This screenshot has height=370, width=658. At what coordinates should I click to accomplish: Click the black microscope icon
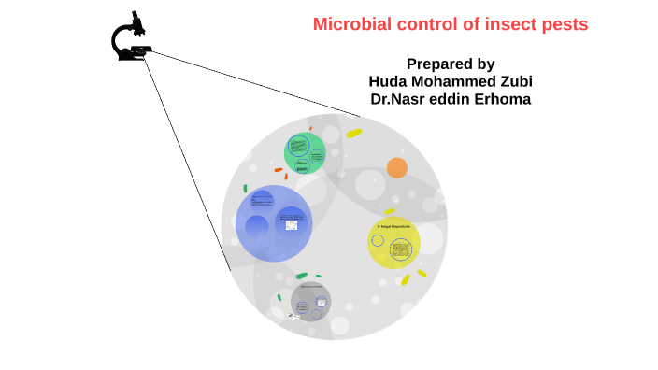pos(132,39)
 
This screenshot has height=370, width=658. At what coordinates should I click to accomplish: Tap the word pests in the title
pos(564,25)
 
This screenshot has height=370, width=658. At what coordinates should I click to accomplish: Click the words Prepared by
pos(451,64)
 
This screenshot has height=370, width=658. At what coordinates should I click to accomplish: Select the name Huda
pos(392,81)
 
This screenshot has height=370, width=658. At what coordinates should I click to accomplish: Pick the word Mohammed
pos(452,81)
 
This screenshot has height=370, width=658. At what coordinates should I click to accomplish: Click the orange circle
pos(397,168)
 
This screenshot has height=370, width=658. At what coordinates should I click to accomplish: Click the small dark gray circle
pos(310,301)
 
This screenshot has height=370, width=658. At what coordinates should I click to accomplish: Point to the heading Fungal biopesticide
pos(393,226)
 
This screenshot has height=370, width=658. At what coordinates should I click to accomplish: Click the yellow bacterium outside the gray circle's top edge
pos(353,134)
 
